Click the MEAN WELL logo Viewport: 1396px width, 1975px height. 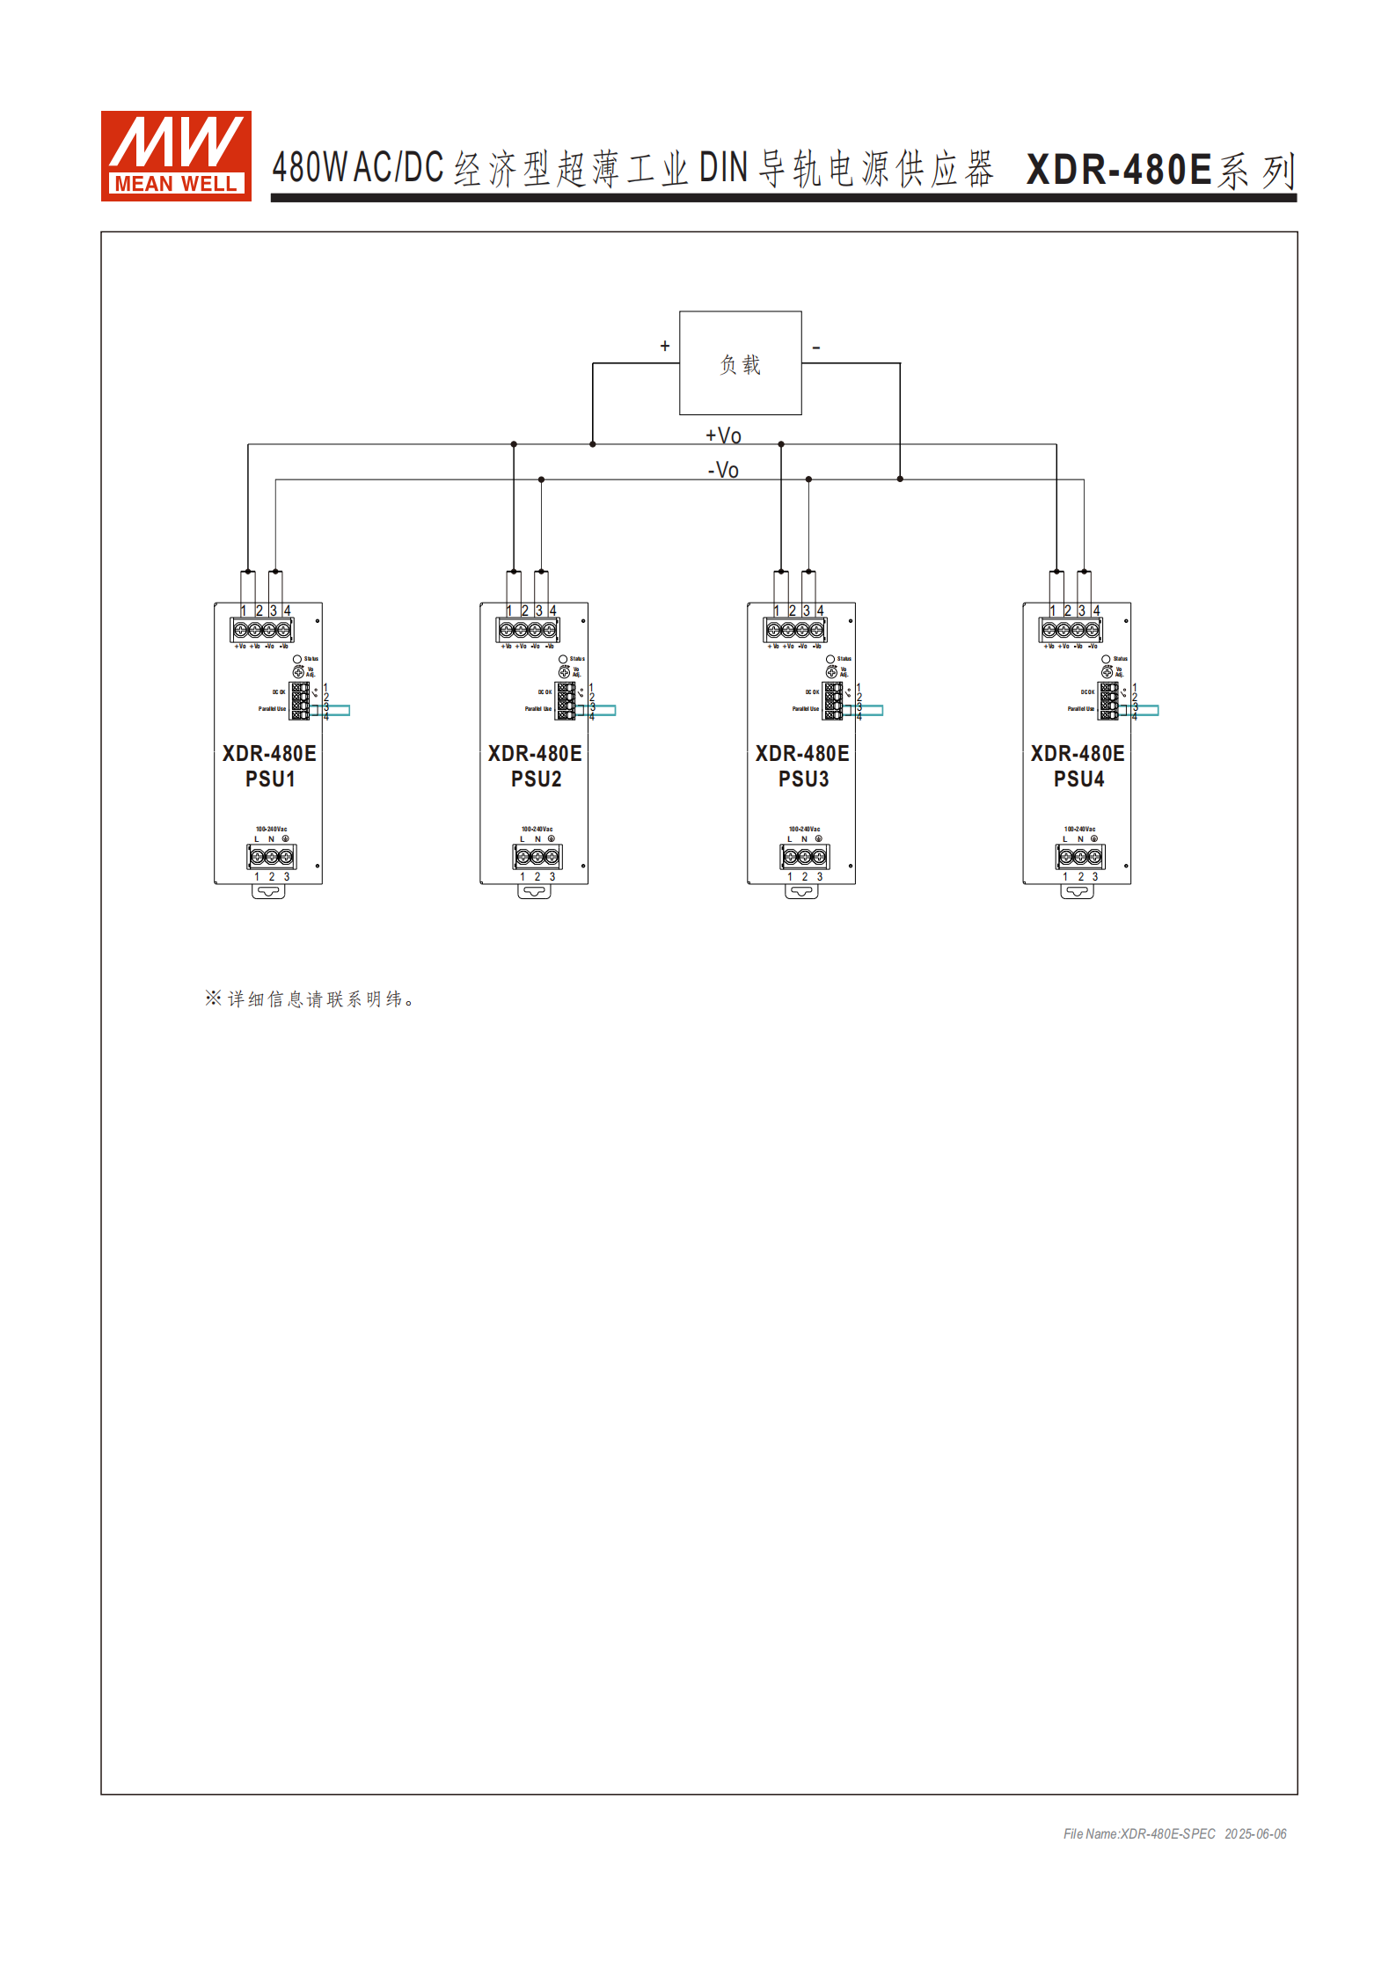click(x=176, y=156)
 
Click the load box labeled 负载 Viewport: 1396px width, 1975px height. click(x=740, y=362)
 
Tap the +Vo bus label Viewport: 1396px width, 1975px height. click(x=723, y=435)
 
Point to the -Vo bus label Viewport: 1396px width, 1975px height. click(x=723, y=470)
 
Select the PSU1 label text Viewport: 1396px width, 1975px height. click(x=270, y=779)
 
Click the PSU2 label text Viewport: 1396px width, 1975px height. click(x=536, y=779)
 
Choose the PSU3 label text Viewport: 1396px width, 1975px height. click(x=803, y=779)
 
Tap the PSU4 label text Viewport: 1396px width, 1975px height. click(x=1078, y=779)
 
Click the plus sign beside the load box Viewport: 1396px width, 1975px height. click(x=665, y=346)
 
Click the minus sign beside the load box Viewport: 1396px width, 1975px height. click(x=816, y=347)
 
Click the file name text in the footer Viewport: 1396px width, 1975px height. click(x=1139, y=1833)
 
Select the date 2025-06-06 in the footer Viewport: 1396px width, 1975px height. click(x=1255, y=1833)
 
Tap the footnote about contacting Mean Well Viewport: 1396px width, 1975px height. click(x=310, y=998)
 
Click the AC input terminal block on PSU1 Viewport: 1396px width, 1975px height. click(x=271, y=856)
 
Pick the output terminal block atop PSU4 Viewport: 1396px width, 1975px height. click(x=1071, y=629)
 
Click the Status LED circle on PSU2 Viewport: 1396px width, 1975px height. click(x=563, y=659)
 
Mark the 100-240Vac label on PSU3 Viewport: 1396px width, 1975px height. click(x=804, y=829)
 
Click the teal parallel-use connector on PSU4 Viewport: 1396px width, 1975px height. click(x=1144, y=710)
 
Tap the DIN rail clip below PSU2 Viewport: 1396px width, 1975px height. click(x=534, y=891)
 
